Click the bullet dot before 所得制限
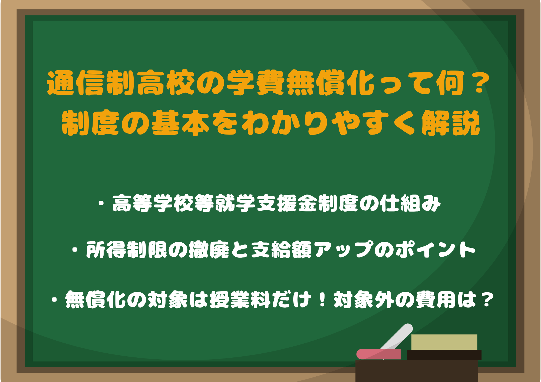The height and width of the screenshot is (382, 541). (x=75, y=250)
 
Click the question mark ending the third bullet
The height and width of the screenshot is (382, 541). (x=487, y=300)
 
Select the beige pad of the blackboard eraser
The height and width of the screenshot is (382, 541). (x=444, y=342)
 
